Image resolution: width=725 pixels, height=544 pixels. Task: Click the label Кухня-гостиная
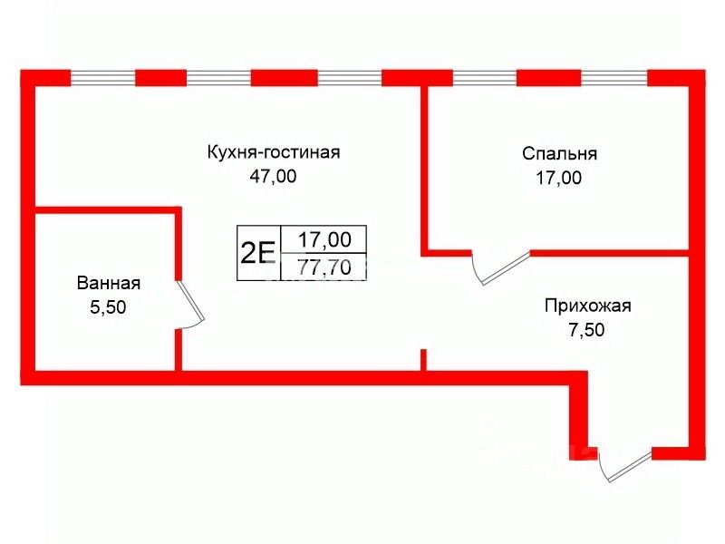[x=273, y=151]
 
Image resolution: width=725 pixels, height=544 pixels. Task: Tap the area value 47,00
[x=273, y=177]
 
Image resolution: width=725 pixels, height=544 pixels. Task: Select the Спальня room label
[x=559, y=153]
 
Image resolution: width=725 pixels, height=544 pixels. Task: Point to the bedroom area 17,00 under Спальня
[x=558, y=178]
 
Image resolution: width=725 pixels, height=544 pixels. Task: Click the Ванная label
[x=108, y=283]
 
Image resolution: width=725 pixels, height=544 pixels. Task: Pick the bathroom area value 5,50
[x=108, y=307]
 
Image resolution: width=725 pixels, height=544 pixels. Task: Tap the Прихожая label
[x=586, y=306]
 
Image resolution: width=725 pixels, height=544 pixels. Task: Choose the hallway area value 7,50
[x=585, y=330]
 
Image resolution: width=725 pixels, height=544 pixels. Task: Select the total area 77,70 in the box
[x=324, y=267]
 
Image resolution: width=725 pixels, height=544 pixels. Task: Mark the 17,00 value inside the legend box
[x=324, y=240]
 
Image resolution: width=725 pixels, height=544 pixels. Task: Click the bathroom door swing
[x=191, y=302]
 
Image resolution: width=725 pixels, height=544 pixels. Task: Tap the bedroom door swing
[x=498, y=267]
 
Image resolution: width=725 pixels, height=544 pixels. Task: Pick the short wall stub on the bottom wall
[x=423, y=359]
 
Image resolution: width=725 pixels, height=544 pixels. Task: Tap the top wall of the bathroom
[x=105, y=210]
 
